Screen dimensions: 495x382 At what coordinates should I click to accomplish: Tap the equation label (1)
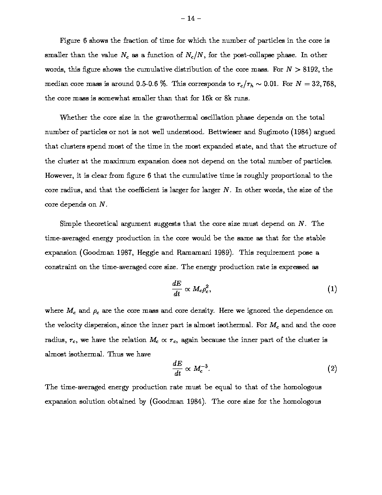coord(332,289)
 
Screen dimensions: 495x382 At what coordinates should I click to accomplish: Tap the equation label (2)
coord(332,369)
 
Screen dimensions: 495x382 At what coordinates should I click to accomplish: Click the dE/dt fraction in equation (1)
coord(176,289)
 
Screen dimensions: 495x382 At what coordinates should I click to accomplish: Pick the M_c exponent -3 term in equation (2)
coord(200,369)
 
